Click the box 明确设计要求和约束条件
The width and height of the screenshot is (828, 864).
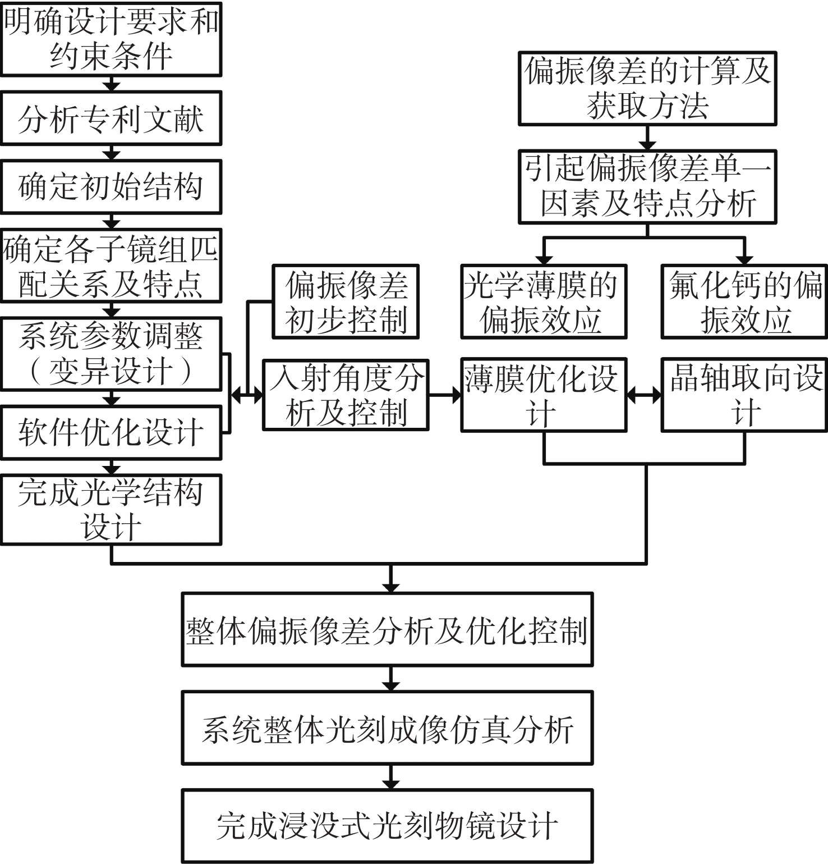click(111, 39)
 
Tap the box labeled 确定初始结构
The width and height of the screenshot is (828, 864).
click(111, 187)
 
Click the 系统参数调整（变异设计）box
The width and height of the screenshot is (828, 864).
click(111, 354)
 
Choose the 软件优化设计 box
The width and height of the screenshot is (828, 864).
click(111, 433)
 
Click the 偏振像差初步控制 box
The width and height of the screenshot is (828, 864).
click(346, 302)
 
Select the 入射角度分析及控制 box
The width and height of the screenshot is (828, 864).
click(346, 395)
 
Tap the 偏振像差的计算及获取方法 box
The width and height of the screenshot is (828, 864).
click(647, 89)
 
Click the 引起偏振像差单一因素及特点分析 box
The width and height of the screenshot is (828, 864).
click(647, 187)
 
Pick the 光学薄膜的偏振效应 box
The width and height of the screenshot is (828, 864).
click(543, 302)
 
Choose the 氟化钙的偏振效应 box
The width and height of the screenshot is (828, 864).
click(744, 302)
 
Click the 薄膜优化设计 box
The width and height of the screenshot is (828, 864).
click(543, 395)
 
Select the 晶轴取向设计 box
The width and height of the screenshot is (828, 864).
click(744, 395)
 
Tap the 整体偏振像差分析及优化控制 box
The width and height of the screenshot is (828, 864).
click(387, 630)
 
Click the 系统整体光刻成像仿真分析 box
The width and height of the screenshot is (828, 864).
click(387, 728)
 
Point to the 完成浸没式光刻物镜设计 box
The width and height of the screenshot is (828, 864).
click(387, 826)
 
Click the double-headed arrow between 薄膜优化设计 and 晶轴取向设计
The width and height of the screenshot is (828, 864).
click(644, 395)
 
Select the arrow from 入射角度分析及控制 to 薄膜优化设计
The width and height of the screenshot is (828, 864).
click(445, 395)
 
